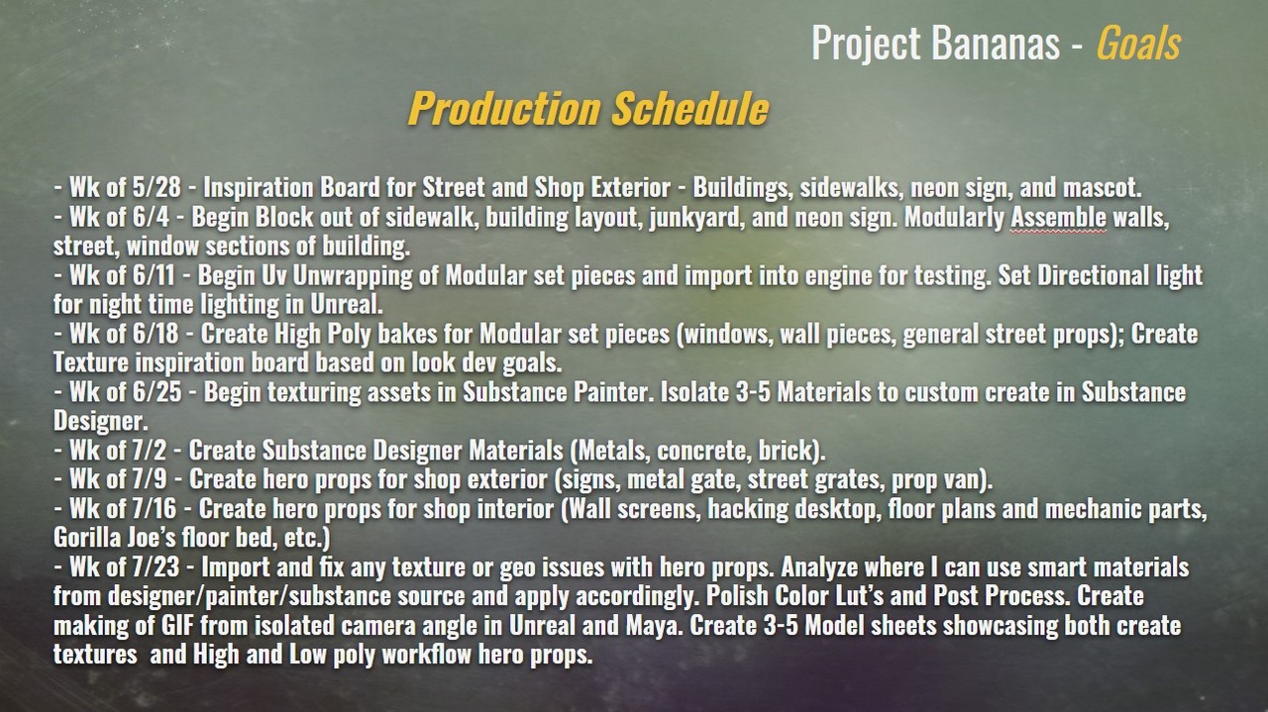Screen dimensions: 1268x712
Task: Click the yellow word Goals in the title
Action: [x=1138, y=43]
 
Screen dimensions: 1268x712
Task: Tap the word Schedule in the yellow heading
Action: [x=690, y=108]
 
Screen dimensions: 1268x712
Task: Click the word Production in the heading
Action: [x=504, y=108]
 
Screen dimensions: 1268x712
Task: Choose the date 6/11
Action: [x=154, y=275]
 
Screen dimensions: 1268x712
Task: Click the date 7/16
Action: [x=155, y=509]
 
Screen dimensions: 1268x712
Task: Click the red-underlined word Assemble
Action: [x=1059, y=217]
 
